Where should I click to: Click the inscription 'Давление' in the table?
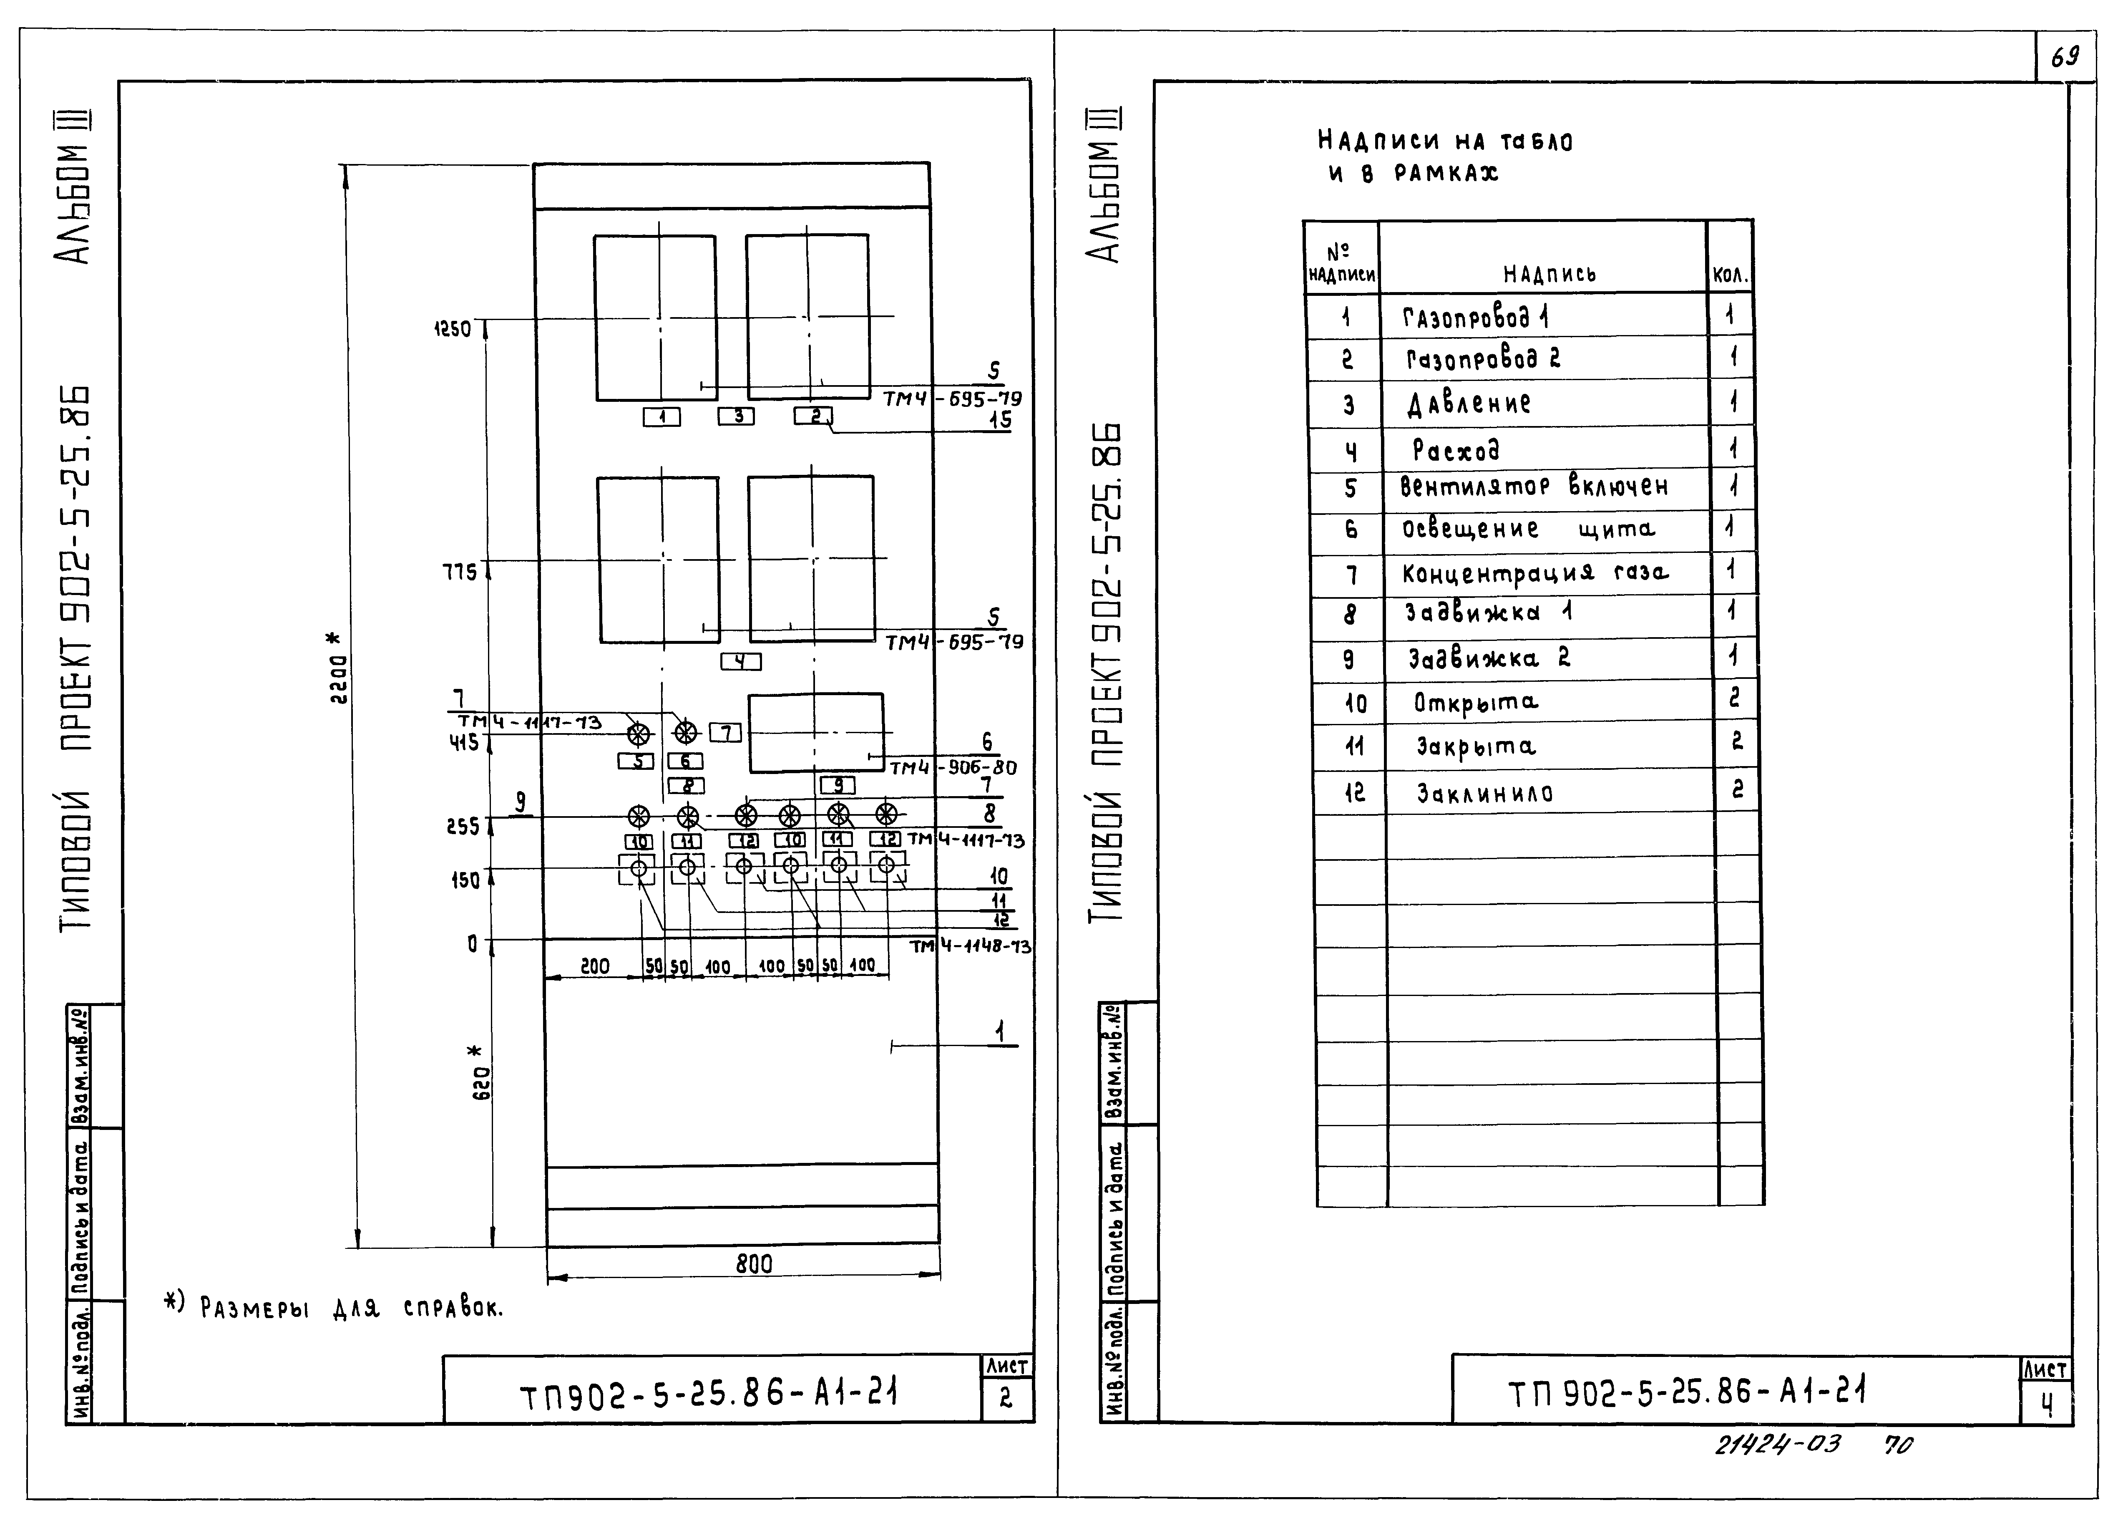point(1469,403)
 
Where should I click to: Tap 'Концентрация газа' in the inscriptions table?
point(1534,572)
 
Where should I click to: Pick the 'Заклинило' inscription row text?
point(1485,793)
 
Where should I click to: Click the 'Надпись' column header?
point(1549,274)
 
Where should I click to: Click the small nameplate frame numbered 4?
point(741,661)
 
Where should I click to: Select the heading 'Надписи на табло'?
point(1445,141)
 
